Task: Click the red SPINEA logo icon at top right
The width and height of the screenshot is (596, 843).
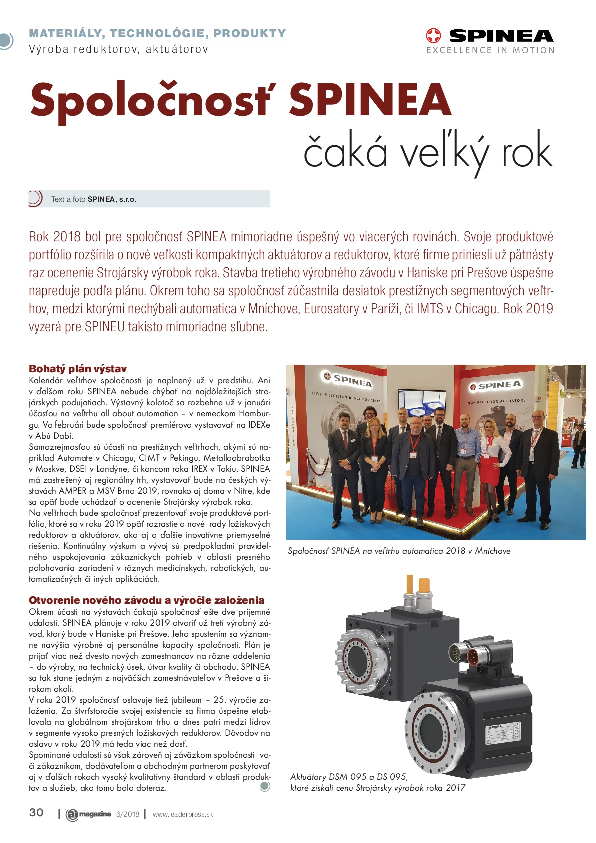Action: [433, 36]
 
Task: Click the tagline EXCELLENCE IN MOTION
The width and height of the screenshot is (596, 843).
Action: [490, 50]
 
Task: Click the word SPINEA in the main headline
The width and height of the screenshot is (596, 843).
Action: [370, 100]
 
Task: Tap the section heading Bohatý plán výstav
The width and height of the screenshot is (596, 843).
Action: [78, 369]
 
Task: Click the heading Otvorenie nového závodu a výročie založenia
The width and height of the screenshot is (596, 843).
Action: [146, 600]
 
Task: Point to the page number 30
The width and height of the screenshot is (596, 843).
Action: [36, 812]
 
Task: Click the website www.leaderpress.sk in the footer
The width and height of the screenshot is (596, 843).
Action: [182, 814]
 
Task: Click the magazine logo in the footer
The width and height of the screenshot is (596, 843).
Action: [89, 814]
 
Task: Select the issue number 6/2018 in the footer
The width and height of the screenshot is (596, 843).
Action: [128, 814]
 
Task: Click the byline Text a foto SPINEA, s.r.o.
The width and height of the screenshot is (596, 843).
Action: [94, 199]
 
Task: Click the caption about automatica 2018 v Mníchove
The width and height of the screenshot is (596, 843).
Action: [399, 551]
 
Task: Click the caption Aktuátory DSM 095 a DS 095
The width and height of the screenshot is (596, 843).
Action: [349, 777]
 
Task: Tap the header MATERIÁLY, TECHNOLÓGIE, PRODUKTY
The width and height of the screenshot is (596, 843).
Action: [157, 33]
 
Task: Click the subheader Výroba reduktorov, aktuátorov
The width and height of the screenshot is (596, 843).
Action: [118, 49]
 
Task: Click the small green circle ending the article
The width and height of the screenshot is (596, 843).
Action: [265, 786]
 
